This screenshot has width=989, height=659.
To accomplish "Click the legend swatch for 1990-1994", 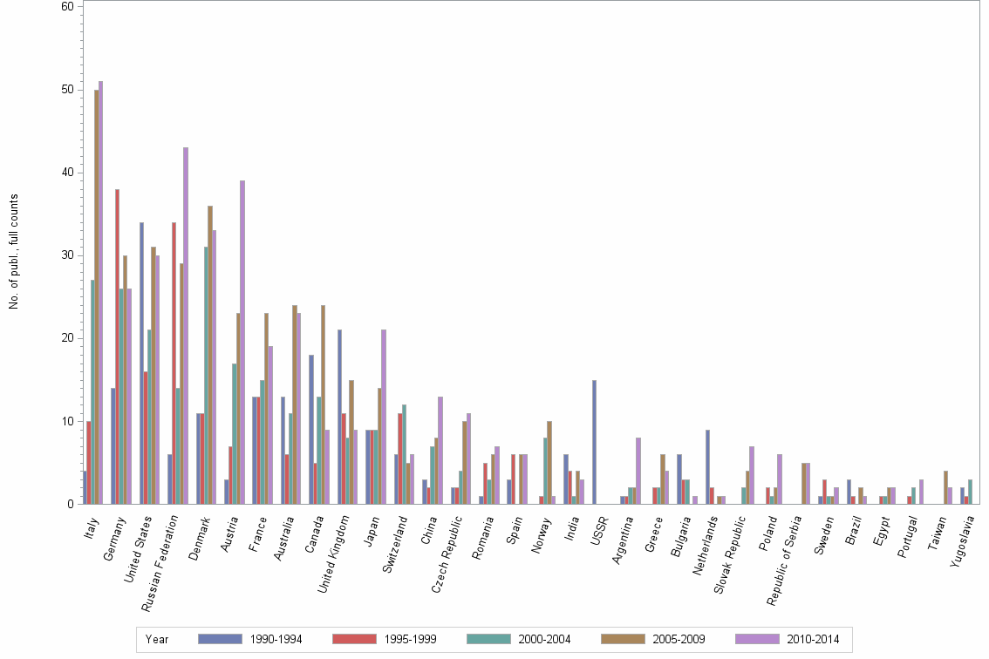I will pyautogui.click(x=219, y=639).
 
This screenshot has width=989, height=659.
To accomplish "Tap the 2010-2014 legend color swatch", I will pyautogui.click(x=757, y=639).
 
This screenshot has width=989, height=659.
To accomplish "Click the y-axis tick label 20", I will pyautogui.click(x=67, y=338).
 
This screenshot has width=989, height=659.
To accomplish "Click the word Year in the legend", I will pyautogui.click(x=157, y=639).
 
